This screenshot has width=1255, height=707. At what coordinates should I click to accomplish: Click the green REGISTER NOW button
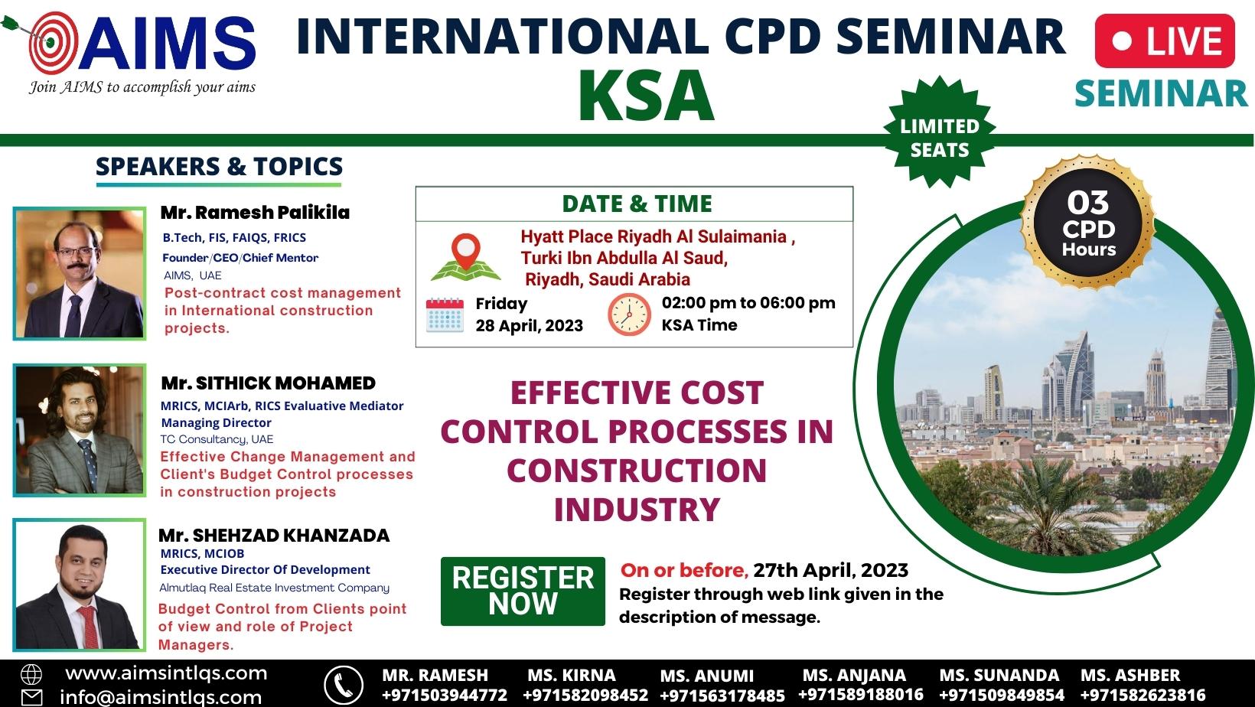[523, 591]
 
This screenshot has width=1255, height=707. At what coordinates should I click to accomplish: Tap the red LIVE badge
[1165, 41]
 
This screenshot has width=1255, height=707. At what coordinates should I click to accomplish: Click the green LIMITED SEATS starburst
[940, 132]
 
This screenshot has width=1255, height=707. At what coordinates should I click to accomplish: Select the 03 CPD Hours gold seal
[1088, 223]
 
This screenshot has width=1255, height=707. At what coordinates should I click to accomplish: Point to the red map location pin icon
[466, 251]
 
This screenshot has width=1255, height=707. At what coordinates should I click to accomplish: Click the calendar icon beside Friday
[445, 315]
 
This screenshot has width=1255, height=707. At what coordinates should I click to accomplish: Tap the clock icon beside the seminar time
[629, 314]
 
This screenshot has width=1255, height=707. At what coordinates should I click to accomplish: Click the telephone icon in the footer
[344, 685]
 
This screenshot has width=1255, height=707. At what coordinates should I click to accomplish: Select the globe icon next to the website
[31, 675]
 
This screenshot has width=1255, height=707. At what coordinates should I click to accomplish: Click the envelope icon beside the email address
[31, 698]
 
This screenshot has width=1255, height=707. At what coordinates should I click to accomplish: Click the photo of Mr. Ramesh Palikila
[80, 273]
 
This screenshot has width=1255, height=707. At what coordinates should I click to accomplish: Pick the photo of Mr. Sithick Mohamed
[80, 430]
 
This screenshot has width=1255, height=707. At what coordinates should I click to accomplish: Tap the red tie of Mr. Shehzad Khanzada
[89, 626]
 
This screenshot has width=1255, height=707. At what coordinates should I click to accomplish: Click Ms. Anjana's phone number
[861, 695]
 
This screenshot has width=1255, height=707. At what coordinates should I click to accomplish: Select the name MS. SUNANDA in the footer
[999, 675]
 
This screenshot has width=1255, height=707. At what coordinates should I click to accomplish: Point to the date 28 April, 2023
[530, 325]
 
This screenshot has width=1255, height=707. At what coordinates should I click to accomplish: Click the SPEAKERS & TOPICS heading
[219, 166]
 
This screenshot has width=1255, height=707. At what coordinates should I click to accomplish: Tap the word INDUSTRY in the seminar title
[637, 510]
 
